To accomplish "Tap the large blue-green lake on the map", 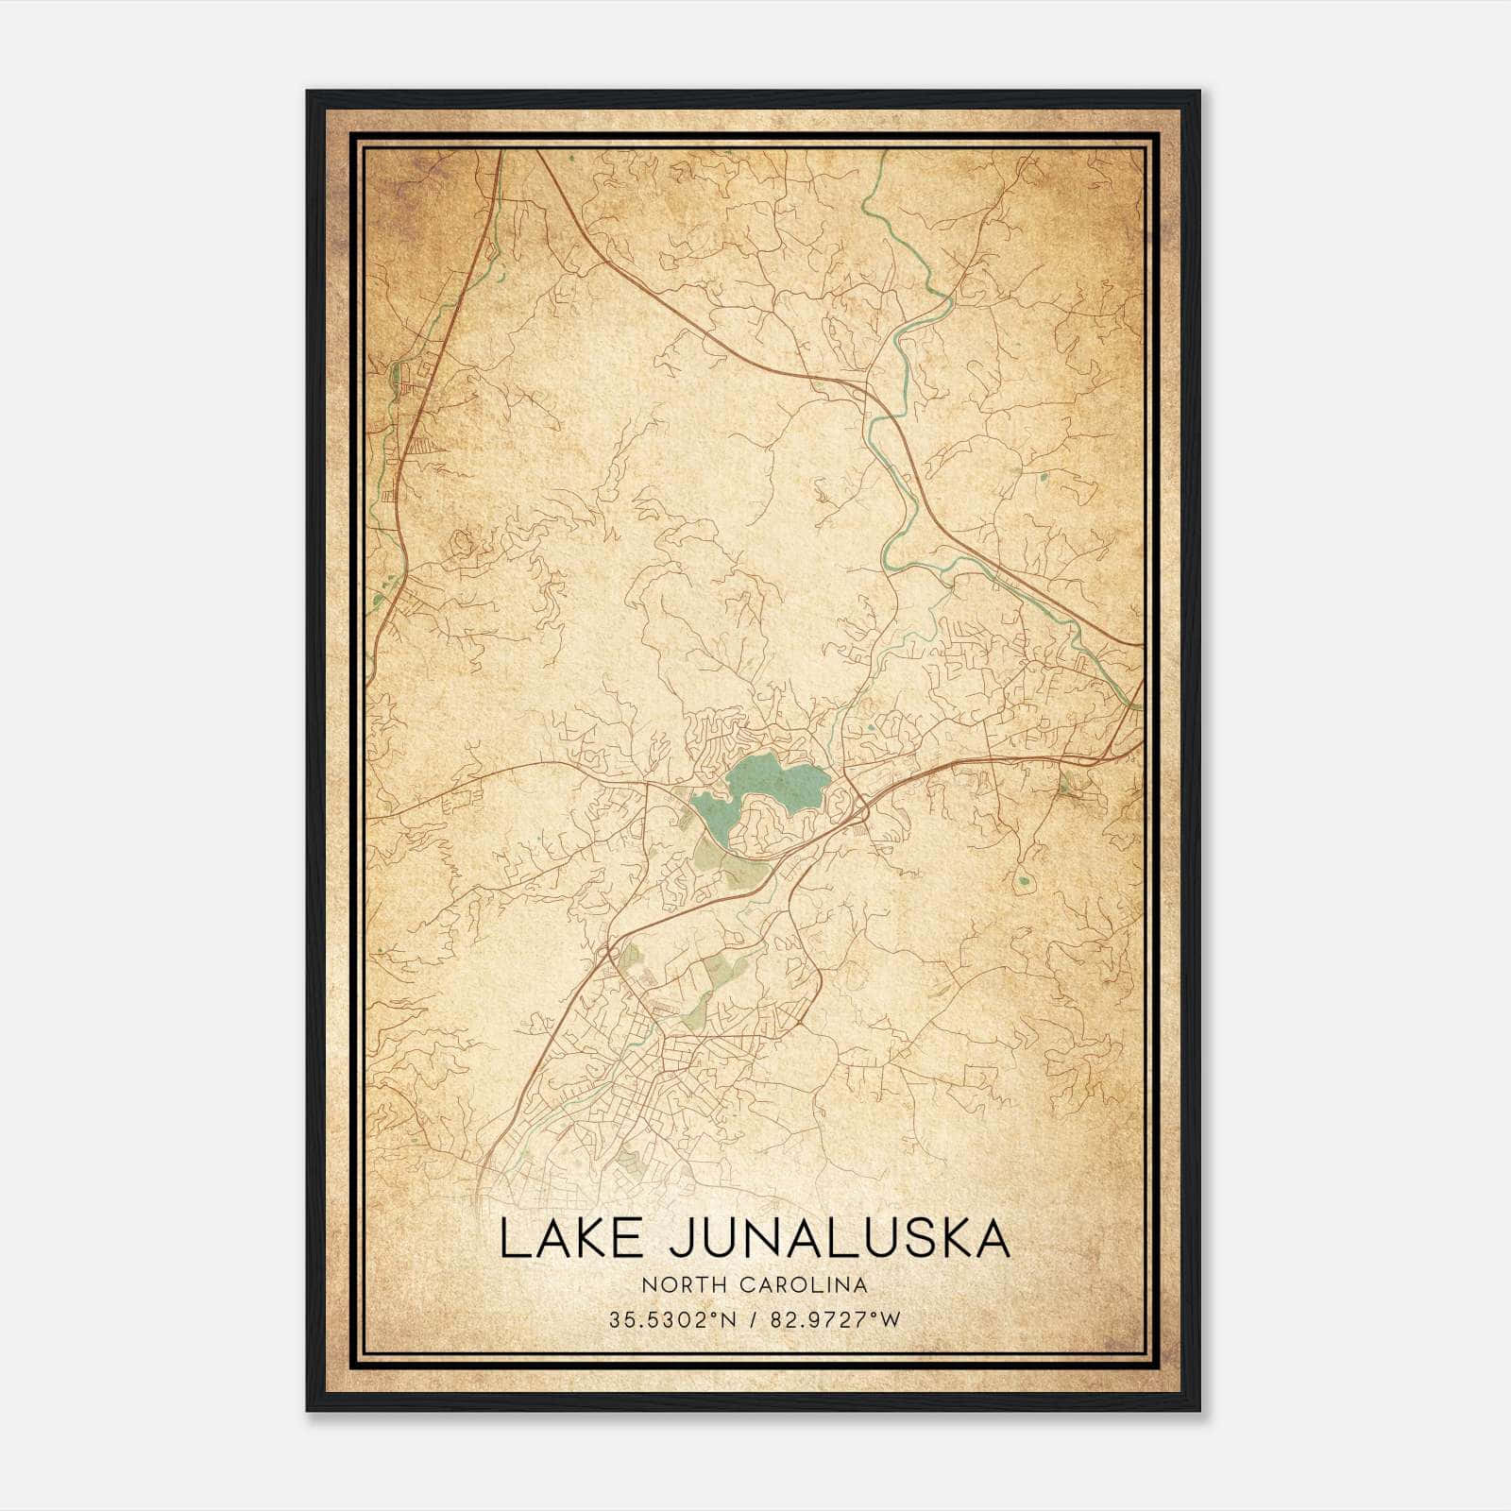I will [774, 784].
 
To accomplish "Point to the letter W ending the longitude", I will [891, 1320].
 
